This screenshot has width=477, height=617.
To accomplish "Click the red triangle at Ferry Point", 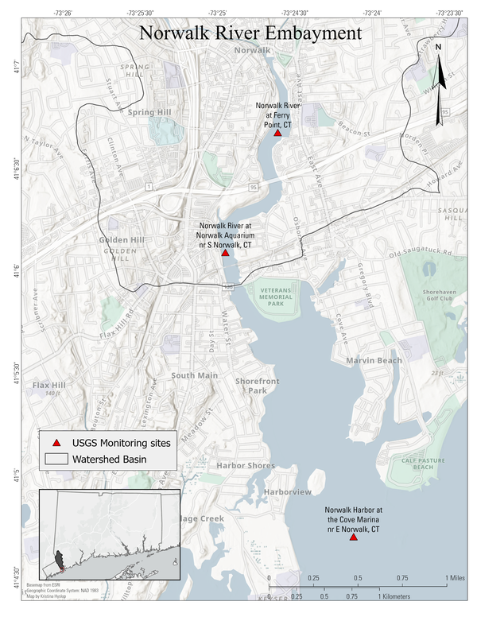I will [277, 133].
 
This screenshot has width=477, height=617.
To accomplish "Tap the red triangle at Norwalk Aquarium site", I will [225, 252].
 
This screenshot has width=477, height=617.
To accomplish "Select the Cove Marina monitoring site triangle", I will [353, 537].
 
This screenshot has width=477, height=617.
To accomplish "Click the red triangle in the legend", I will [56, 441].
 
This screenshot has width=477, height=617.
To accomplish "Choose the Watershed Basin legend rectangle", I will [56, 460].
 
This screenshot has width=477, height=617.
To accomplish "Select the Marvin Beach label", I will [373, 361].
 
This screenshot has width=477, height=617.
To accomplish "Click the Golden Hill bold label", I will [120, 240].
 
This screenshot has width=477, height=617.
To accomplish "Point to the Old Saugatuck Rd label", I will [420, 254].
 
